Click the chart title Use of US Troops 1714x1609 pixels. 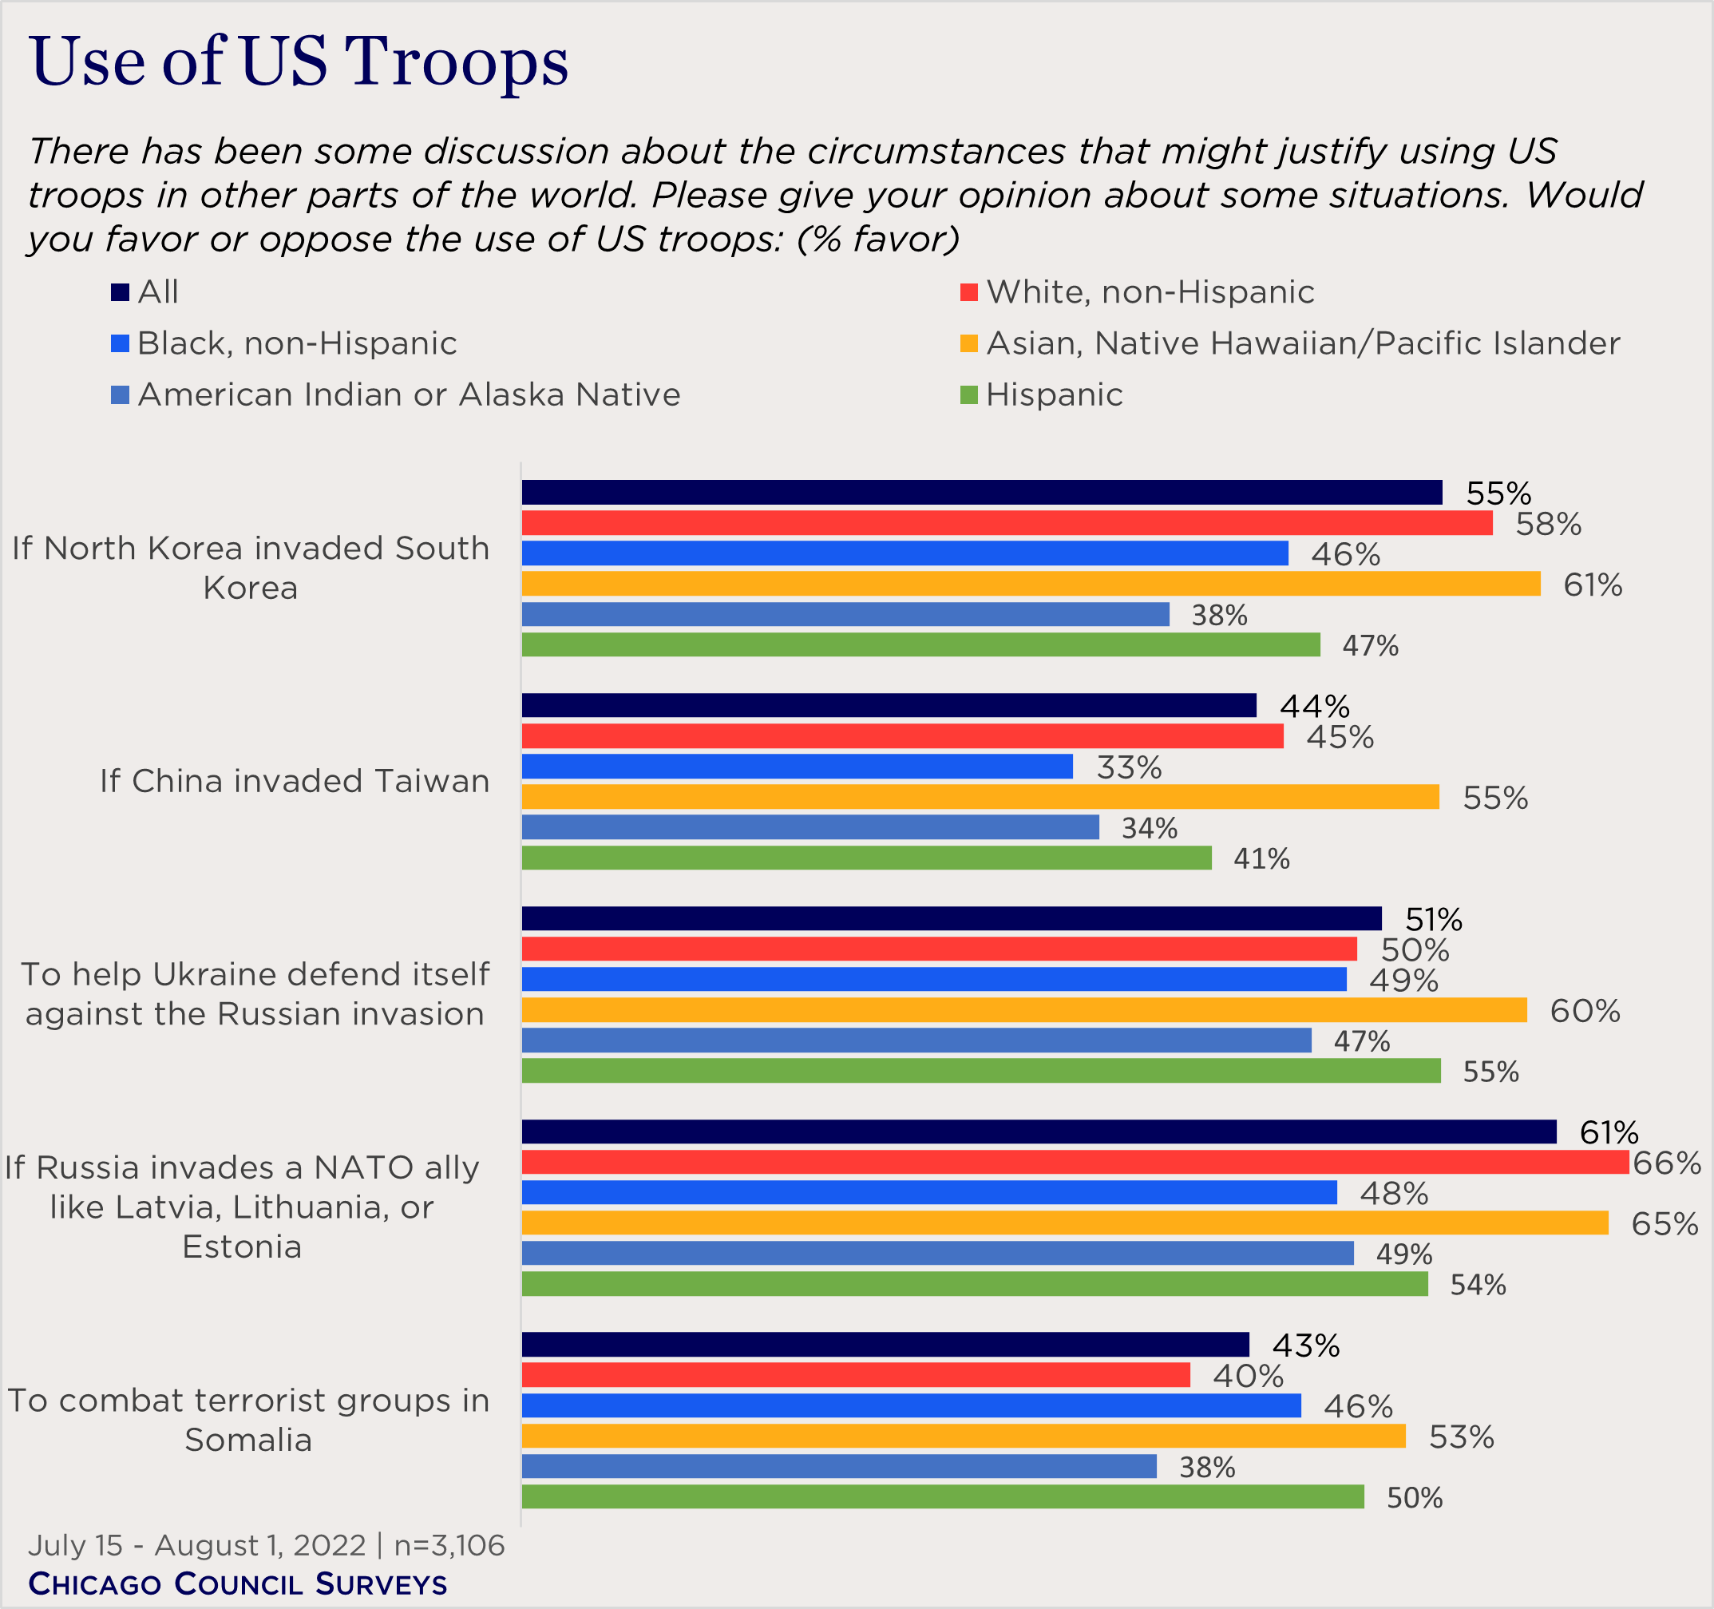pos(299,62)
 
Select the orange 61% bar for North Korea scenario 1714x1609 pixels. pos(1031,584)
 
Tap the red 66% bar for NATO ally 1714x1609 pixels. pos(1075,1162)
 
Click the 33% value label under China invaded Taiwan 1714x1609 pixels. pos(1129,767)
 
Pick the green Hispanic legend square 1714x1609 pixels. pos(968,395)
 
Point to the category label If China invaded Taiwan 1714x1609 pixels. pos(294,780)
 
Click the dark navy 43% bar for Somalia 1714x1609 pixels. pos(885,1344)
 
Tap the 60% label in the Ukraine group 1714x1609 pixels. pos(1584,1011)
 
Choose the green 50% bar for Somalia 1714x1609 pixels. pos(942,1497)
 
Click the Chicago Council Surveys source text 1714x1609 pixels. pos(238,1584)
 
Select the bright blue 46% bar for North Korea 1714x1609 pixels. pos(905,553)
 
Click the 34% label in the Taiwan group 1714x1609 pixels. pos(1149,828)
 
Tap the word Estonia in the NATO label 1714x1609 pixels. pos(242,1246)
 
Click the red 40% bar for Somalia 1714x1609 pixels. pos(855,1375)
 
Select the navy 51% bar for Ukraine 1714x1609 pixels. pos(951,918)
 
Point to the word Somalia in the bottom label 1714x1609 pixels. pos(248,1440)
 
